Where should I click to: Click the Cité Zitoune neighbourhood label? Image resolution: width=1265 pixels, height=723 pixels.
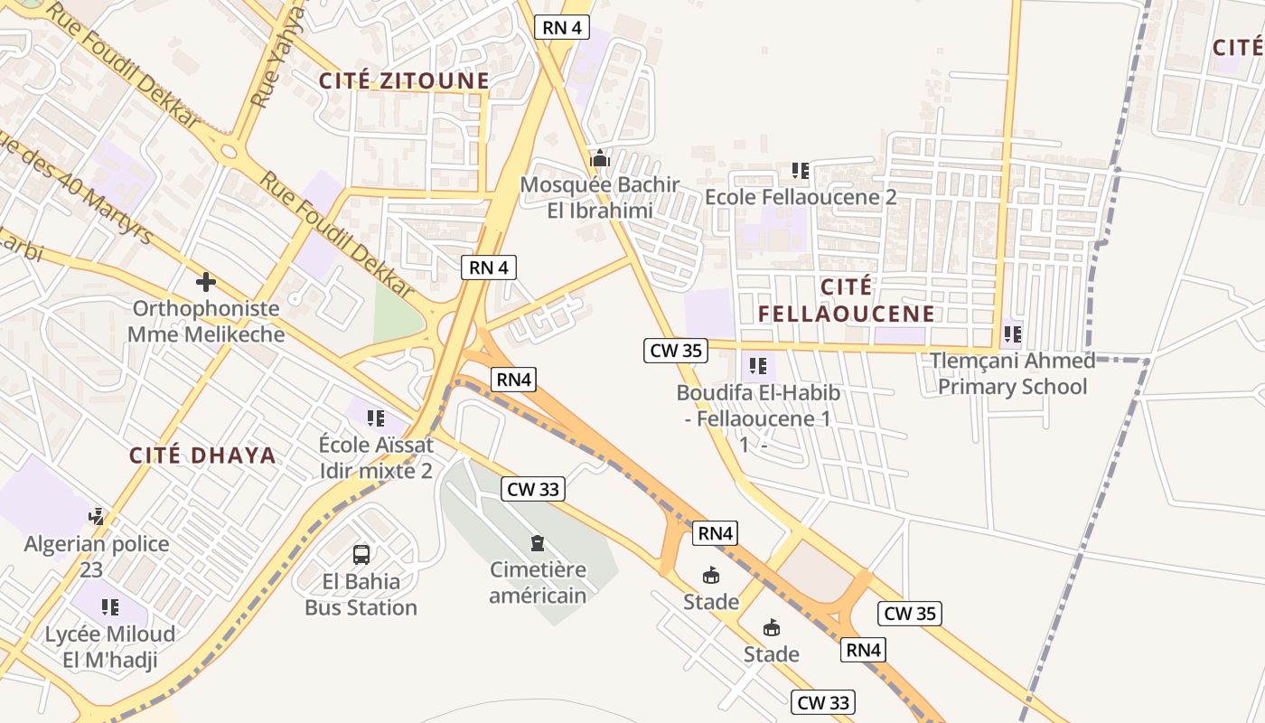click(x=404, y=80)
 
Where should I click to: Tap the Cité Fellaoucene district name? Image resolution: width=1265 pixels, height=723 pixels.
click(x=846, y=301)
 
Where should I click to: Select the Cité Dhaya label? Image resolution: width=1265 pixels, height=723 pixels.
click(x=202, y=455)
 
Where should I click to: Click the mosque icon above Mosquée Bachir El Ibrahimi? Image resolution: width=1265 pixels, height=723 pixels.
click(x=598, y=159)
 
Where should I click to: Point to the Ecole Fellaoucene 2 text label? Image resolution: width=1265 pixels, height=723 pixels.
click(x=801, y=197)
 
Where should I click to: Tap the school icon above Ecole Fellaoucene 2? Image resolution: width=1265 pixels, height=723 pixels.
click(x=800, y=170)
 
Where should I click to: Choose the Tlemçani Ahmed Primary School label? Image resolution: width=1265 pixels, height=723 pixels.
click(x=1012, y=374)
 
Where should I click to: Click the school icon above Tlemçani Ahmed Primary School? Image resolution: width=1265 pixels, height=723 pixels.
click(x=1012, y=334)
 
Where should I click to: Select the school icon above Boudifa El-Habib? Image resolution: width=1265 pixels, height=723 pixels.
click(x=757, y=366)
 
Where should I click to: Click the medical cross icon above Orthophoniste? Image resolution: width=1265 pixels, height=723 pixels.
click(x=206, y=282)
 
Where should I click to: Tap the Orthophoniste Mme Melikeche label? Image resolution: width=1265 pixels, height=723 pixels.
click(x=206, y=321)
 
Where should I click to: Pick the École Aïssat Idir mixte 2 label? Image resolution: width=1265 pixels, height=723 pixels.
click(x=376, y=457)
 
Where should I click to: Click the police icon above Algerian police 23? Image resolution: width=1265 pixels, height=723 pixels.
click(x=97, y=517)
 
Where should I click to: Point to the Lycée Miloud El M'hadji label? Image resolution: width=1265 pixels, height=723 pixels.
click(x=110, y=646)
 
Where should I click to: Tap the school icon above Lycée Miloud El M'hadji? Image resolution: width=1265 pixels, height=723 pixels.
click(x=110, y=606)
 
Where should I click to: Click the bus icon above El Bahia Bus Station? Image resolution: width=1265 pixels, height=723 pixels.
click(x=361, y=554)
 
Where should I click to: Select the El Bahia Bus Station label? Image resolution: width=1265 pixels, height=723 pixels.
click(x=361, y=594)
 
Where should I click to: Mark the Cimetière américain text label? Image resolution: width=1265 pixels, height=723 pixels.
click(x=538, y=583)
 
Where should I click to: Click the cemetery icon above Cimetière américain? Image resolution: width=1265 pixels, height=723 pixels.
click(x=538, y=543)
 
